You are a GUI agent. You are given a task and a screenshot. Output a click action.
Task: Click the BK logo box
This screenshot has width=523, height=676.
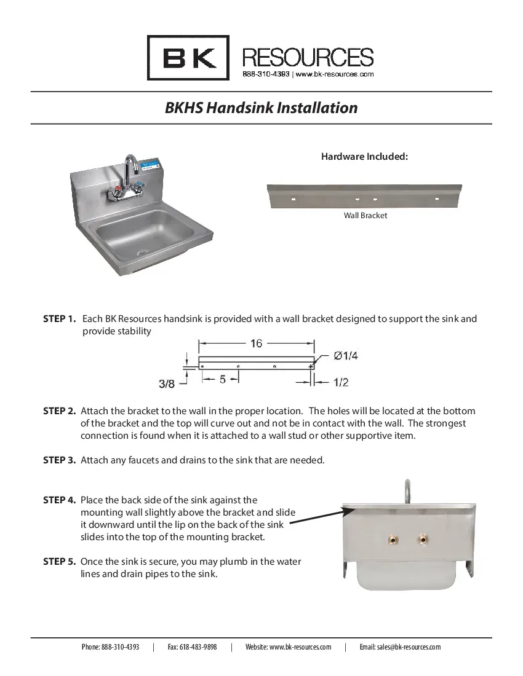(x=188, y=58)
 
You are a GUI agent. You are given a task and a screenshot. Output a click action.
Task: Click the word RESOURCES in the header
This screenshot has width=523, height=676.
(x=308, y=58)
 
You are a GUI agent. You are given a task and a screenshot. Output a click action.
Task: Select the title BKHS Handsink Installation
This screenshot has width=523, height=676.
(x=261, y=108)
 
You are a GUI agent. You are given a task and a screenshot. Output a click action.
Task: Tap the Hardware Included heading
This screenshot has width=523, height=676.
(x=364, y=157)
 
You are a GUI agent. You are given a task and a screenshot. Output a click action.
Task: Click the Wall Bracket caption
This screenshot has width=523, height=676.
(x=365, y=216)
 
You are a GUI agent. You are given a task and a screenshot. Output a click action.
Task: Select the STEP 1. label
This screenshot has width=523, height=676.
(x=60, y=319)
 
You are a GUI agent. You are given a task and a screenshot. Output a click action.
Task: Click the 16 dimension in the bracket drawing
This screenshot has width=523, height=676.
(x=257, y=344)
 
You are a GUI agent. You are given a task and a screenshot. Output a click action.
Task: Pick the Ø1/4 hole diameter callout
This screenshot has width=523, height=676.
(x=346, y=355)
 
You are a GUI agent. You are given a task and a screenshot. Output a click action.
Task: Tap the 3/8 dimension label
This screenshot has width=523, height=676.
(x=167, y=383)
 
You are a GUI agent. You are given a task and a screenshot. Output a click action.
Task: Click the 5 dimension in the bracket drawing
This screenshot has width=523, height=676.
(x=223, y=380)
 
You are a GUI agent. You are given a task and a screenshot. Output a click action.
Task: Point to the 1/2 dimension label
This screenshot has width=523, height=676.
(x=341, y=382)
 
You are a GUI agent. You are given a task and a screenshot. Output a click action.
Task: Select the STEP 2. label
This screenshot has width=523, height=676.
(x=60, y=411)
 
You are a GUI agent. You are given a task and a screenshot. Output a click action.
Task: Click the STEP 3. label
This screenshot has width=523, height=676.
(x=60, y=460)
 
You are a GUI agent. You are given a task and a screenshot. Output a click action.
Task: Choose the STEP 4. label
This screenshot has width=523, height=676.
(x=60, y=500)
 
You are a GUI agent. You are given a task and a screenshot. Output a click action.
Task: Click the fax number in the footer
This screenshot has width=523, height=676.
(x=192, y=647)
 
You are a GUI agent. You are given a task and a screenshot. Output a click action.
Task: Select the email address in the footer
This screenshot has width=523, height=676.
(x=400, y=647)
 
